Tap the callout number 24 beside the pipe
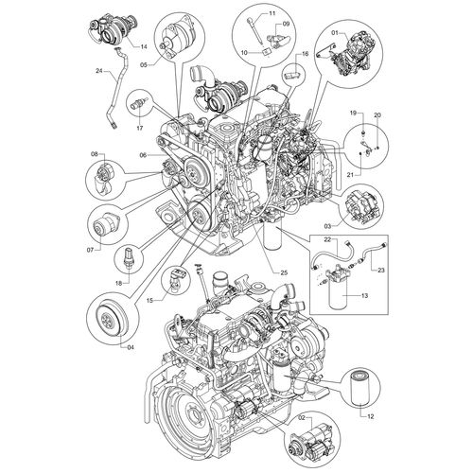coord(99,71)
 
